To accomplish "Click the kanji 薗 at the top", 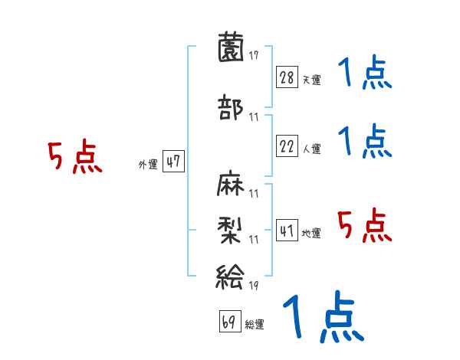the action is tap(231, 49).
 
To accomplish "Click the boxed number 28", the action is tap(287, 78).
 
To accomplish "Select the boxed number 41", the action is tap(287, 231).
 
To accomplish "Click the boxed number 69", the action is tap(229, 322).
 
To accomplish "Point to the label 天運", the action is tap(311, 80).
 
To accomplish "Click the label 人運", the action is tap(311, 149).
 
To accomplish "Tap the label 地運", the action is tap(311, 233).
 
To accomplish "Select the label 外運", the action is tap(147, 164).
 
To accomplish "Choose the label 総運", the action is tap(255, 325).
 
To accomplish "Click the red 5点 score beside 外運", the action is tap(74, 158).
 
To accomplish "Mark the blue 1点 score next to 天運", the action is tap(364, 74).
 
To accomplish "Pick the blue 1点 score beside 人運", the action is tap(364, 142).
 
